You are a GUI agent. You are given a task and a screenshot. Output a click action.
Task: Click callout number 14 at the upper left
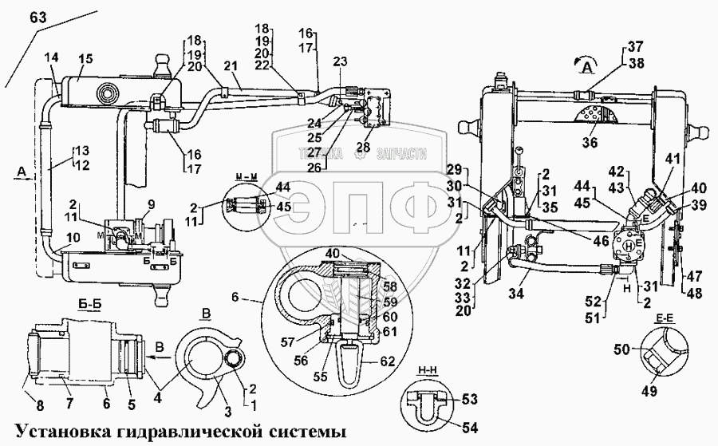coord(52,58)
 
